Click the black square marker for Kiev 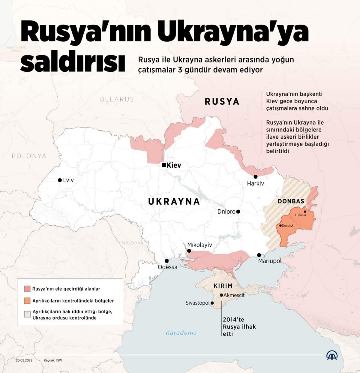point(163,165)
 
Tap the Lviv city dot point(60,180)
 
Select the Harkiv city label point(255,183)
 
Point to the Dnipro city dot point(238,212)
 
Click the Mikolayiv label point(199,245)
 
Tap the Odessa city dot point(166,261)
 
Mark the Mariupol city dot point(259,255)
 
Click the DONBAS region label point(291,201)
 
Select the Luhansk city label point(301,215)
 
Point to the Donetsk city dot point(280,226)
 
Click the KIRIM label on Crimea point(223,286)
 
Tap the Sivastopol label point(197,303)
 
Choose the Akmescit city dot point(221,295)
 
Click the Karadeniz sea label point(181,332)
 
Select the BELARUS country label point(117,99)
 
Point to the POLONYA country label point(29,156)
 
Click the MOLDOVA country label point(132,243)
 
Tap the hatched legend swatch point(27,314)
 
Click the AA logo point(332,355)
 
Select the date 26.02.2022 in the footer point(24,360)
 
